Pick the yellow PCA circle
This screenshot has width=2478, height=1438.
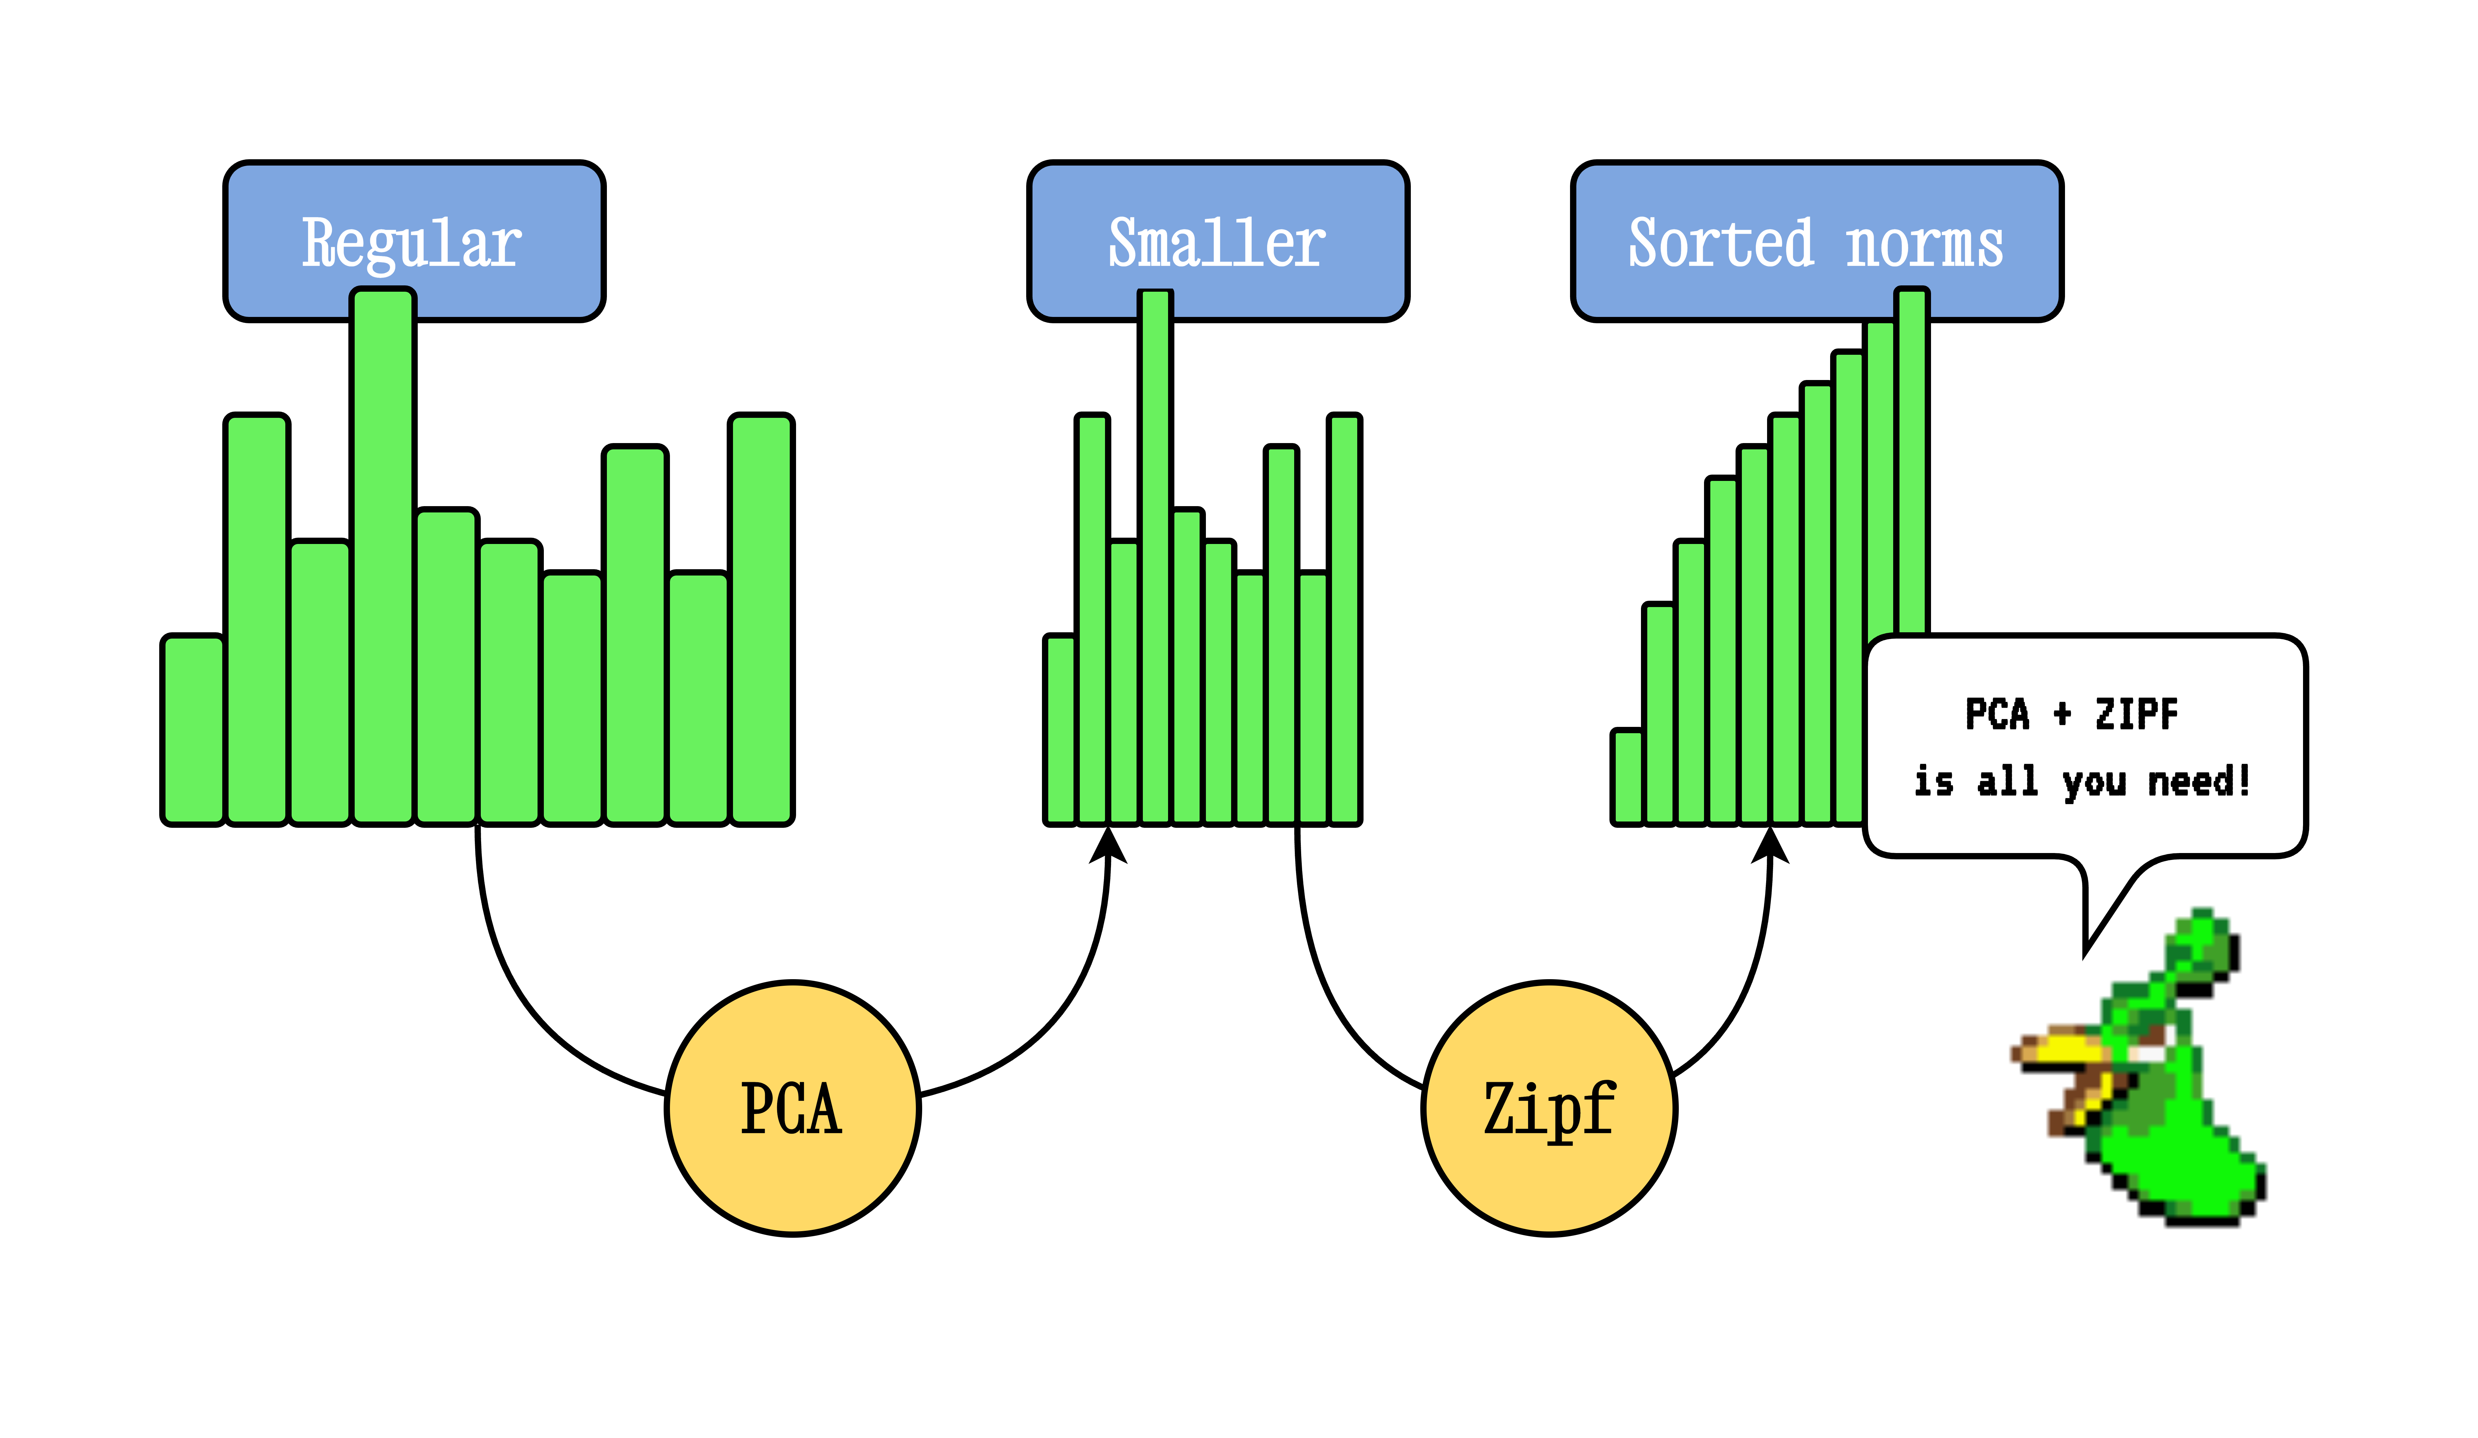[793, 1108]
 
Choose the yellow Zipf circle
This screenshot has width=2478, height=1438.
[1549, 1108]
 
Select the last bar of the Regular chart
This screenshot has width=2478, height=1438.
[761, 620]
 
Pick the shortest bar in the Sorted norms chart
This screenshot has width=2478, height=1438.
[1627, 777]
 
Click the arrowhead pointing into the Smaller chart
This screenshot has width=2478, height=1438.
[1108, 846]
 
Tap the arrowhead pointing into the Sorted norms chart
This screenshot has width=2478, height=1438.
[1770, 846]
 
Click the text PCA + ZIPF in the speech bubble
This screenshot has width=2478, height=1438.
[2071, 714]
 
